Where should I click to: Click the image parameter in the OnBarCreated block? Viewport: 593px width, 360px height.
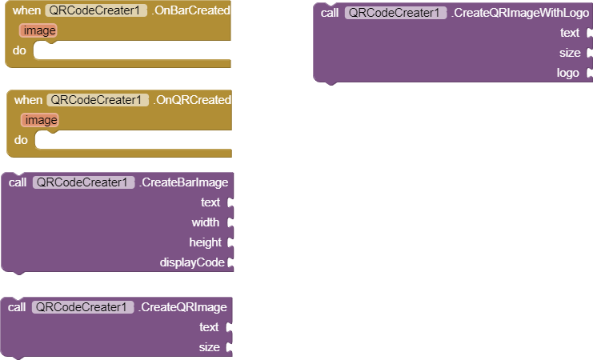tap(40, 30)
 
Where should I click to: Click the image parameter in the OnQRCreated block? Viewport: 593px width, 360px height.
tap(40, 120)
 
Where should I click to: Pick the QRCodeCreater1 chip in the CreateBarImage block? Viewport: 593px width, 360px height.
tap(83, 182)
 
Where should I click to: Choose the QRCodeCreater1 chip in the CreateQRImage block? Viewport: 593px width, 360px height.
tap(83, 307)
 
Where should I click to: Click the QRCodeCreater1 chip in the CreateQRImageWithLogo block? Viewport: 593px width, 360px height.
tap(395, 13)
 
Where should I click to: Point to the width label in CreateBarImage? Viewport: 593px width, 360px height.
tap(206, 222)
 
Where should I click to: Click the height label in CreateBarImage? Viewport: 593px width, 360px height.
tap(205, 242)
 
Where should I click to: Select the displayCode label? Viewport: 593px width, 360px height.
tap(192, 262)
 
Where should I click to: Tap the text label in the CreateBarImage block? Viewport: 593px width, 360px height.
tap(210, 202)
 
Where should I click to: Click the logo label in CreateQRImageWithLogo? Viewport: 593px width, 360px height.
tap(568, 73)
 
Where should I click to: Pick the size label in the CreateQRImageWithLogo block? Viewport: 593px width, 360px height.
tap(570, 53)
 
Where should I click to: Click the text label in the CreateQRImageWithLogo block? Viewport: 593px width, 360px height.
tap(570, 33)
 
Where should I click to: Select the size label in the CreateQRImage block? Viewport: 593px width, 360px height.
tap(209, 347)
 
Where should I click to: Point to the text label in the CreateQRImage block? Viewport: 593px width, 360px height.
tap(209, 327)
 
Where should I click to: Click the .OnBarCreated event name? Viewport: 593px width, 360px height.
tap(190, 11)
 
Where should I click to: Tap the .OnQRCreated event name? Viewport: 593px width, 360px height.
tap(192, 100)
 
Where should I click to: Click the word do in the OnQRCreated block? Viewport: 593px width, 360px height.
tap(21, 140)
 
